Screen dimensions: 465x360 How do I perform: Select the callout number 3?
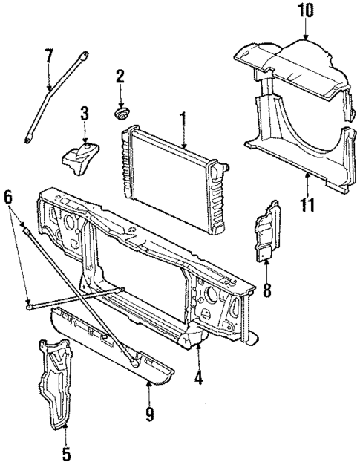[x=85, y=114]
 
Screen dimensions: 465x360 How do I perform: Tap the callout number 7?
[x=49, y=55]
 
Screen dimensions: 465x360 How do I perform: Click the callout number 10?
[x=306, y=12]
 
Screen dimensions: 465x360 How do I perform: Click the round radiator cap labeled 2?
[x=120, y=113]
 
